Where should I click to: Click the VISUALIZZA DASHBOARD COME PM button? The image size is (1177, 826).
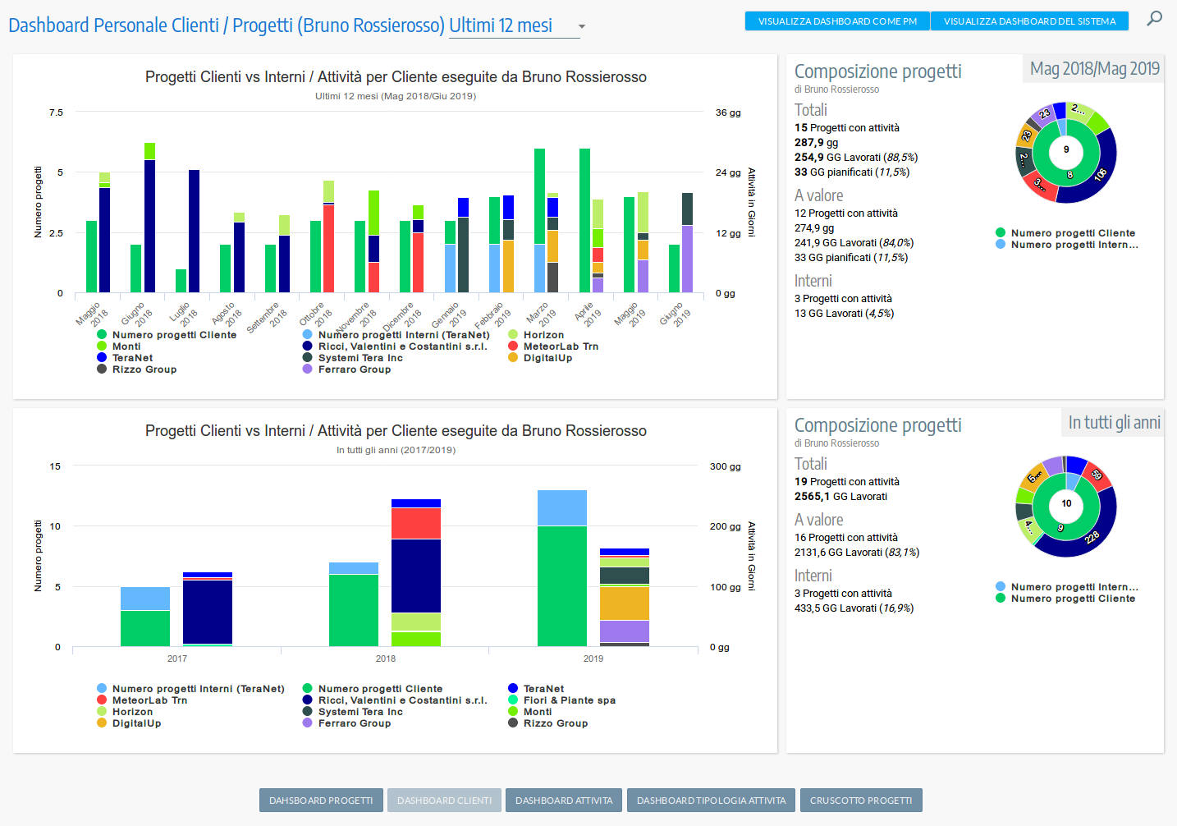coord(837,21)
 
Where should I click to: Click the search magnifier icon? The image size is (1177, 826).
coord(1154,18)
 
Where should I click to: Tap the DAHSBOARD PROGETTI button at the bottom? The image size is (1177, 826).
coord(321,801)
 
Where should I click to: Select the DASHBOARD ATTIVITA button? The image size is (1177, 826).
coord(564,801)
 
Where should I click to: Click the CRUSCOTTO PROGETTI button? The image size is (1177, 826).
coord(860,801)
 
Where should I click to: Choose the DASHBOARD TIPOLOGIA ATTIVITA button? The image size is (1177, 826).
coord(711,801)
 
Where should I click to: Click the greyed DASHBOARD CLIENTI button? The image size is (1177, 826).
coord(444,801)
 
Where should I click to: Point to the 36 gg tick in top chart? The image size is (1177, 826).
coord(727,112)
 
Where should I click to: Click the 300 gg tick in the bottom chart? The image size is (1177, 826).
coord(725,466)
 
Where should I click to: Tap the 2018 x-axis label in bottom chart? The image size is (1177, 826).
coord(386,659)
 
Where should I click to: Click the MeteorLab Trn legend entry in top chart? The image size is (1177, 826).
coord(561,346)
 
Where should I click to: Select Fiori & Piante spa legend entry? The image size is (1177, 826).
coord(569,700)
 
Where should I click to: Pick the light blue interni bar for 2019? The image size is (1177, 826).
coord(562,507)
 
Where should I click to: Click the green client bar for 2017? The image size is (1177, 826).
coord(145,628)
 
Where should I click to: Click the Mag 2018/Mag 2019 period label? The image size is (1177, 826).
coord(1094,69)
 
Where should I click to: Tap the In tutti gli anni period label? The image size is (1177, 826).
coord(1114,423)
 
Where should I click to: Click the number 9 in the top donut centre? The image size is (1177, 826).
coord(1066,149)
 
